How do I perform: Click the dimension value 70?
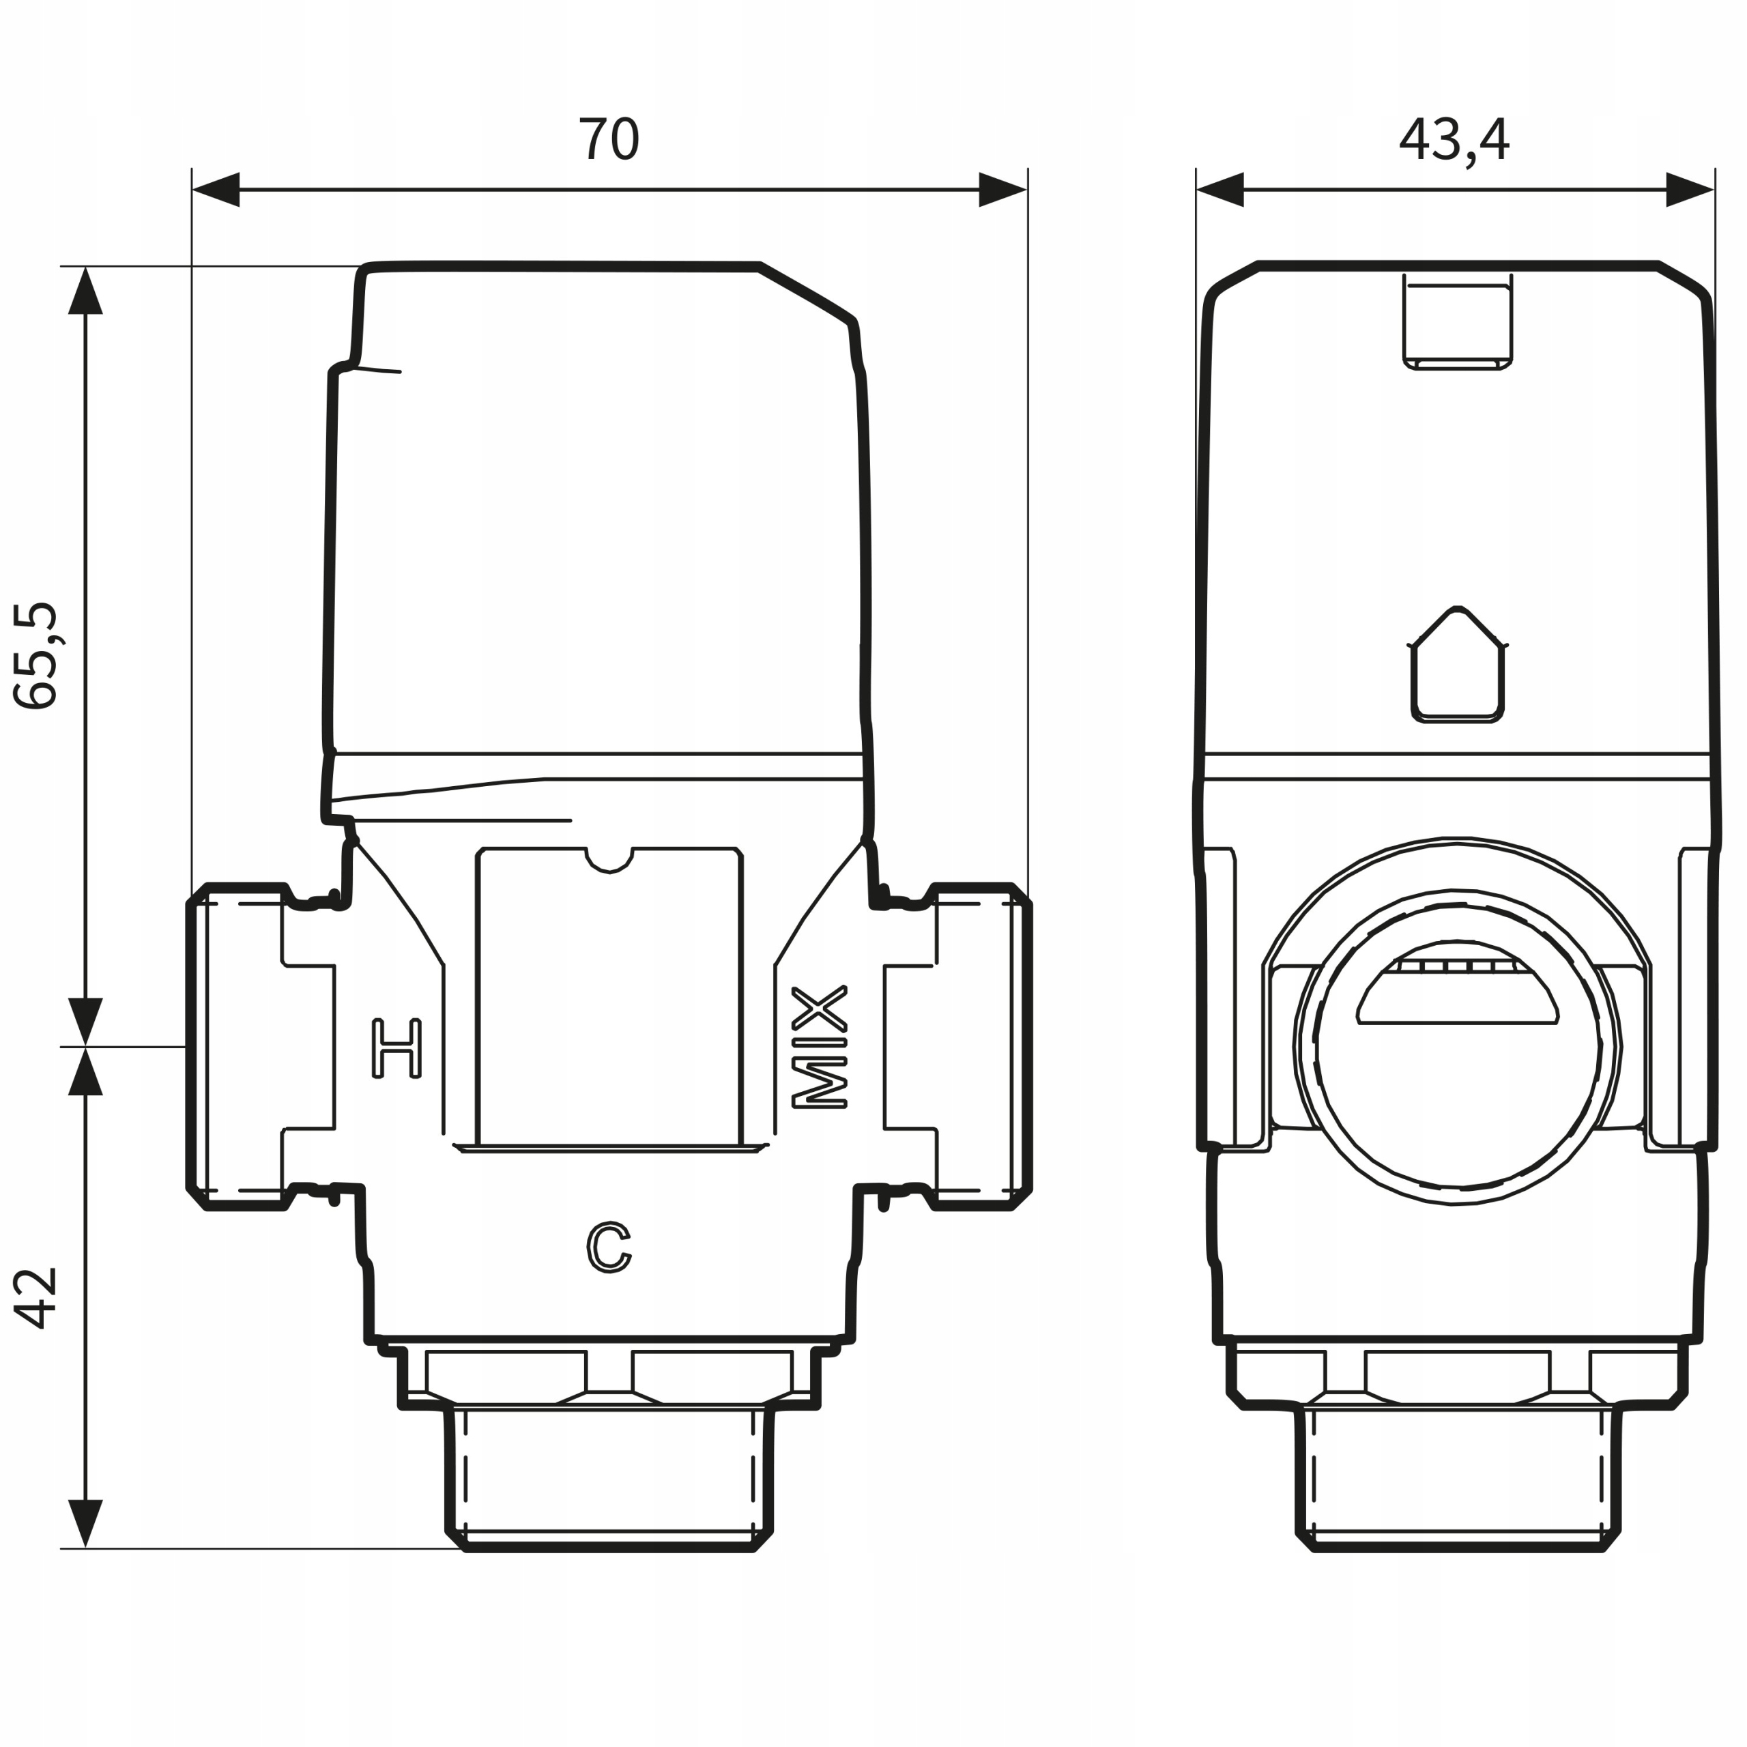tap(609, 139)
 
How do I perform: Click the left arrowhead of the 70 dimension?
tap(215, 190)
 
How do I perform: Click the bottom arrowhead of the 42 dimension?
tap(85, 1524)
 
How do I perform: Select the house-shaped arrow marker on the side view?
tap(1457, 665)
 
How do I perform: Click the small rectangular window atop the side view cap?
tap(1457, 323)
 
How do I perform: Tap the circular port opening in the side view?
tap(1457, 1047)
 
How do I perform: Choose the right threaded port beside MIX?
tap(982, 1046)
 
